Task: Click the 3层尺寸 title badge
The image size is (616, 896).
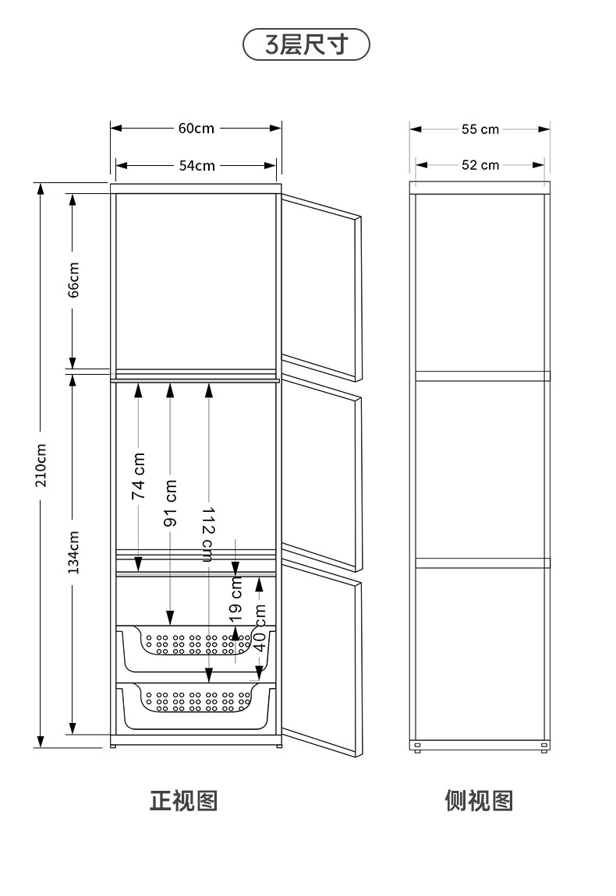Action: click(x=306, y=44)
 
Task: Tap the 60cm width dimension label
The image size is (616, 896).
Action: click(x=196, y=128)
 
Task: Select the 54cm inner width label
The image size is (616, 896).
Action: click(x=196, y=166)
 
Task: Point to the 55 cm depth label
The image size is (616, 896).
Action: click(x=480, y=129)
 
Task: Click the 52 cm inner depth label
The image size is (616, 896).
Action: click(x=480, y=165)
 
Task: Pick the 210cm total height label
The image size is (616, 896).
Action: click(x=41, y=465)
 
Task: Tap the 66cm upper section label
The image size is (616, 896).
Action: click(x=73, y=280)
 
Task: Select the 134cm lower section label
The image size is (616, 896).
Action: click(x=73, y=552)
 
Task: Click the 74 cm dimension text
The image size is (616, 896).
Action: click(x=139, y=476)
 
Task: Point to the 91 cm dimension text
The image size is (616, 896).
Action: click(x=171, y=503)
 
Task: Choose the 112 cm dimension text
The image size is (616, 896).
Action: click(x=207, y=534)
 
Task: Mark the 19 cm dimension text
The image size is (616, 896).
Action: click(x=235, y=599)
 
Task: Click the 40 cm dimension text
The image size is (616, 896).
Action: click(x=260, y=627)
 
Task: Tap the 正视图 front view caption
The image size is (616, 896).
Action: click(x=183, y=801)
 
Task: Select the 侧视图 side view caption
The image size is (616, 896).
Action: click(x=479, y=801)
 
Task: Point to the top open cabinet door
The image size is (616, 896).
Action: click(x=321, y=287)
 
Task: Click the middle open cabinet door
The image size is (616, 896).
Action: click(x=321, y=473)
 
